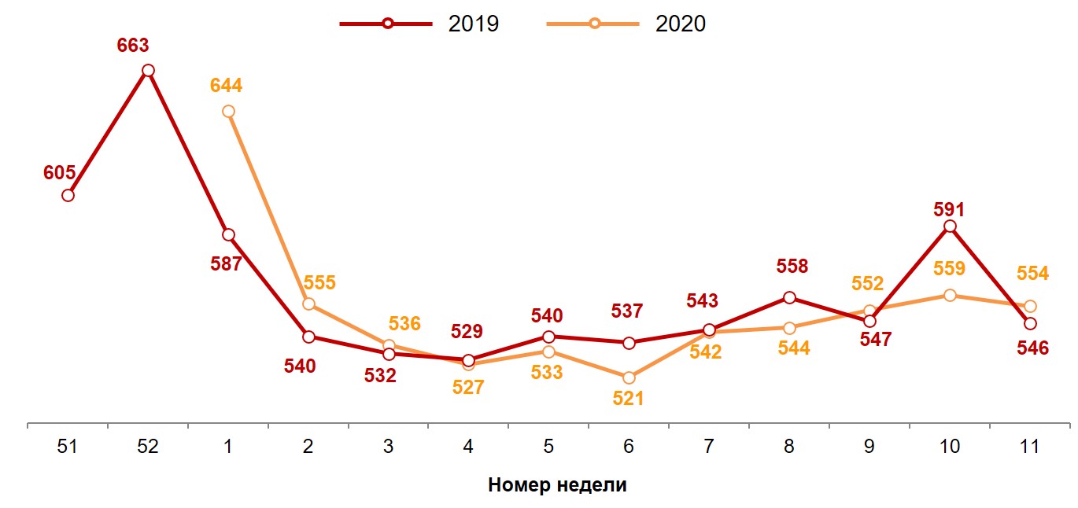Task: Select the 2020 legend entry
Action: coord(626,24)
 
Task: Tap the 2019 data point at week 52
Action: coord(148,71)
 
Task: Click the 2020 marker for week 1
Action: coord(228,112)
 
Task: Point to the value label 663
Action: coord(133,46)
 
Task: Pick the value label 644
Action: coord(227,86)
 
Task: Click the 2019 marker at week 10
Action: coord(950,226)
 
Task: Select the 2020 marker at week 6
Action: coord(628,378)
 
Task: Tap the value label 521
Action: coord(628,399)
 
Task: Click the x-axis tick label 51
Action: coord(68,447)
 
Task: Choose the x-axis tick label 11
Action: coord(1029,447)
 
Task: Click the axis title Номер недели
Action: coord(557,484)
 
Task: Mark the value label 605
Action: coord(59,173)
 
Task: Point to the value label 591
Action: coord(949,209)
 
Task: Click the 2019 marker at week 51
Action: coord(68,195)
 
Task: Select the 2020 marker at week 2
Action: coord(308,304)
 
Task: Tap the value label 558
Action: coord(792,267)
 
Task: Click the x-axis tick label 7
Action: coord(708,447)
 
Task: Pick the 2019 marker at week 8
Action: coord(789,297)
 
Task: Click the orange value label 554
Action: coord(1032,274)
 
